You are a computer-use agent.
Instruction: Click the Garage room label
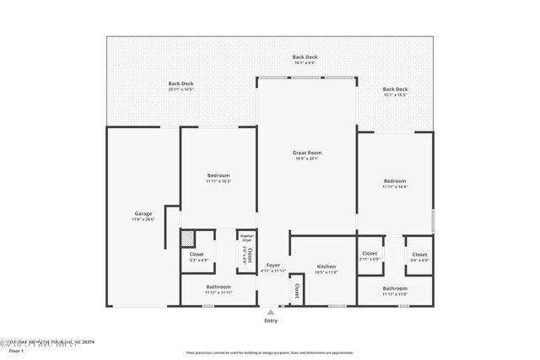(143, 216)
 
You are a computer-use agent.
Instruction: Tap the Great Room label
(308, 155)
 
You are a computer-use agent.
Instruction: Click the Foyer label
(272, 267)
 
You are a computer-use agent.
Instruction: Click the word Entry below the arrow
(271, 320)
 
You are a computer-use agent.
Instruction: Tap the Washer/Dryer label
(246, 238)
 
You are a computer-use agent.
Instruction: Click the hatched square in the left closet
(190, 239)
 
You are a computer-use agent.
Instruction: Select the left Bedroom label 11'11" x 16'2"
(219, 177)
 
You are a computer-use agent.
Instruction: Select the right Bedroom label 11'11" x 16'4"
(395, 184)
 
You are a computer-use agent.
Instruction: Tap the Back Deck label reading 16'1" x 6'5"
(305, 59)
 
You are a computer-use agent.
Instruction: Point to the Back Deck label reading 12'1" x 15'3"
(395, 91)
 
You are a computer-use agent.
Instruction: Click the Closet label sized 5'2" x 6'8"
(197, 257)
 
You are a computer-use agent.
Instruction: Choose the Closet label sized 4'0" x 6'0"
(419, 256)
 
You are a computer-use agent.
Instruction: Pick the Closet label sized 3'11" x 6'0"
(370, 256)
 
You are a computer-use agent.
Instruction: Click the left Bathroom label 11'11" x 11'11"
(219, 289)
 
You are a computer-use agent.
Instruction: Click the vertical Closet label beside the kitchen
(297, 291)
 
